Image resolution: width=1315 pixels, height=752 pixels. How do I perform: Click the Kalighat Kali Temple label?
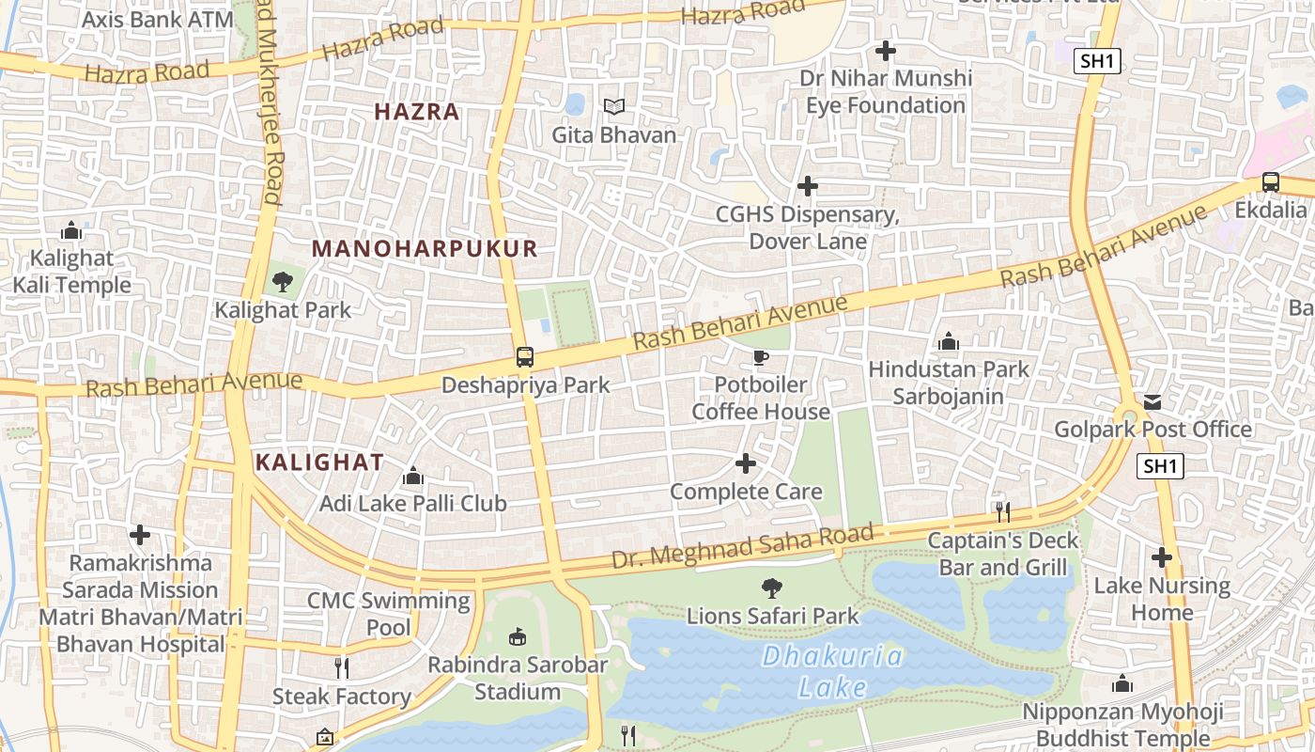coord(71,272)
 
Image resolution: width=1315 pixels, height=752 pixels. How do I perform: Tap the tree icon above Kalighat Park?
coord(282,281)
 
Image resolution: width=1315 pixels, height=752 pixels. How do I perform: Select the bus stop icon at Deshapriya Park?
coord(525,357)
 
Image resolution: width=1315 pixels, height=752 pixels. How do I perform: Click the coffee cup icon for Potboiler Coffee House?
coord(761,357)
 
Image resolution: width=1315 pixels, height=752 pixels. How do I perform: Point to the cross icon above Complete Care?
coord(746,463)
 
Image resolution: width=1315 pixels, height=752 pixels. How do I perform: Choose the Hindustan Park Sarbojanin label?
coord(949,383)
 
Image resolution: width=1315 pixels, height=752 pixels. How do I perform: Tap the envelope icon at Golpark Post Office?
coord(1153,402)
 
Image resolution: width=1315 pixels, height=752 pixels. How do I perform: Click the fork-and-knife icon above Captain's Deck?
coord(1003,511)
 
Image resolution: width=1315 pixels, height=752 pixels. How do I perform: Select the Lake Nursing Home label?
coord(1161,599)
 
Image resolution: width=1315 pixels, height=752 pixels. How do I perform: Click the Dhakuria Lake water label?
coord(831,671)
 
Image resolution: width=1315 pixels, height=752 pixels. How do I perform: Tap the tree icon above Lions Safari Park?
coord(772,588)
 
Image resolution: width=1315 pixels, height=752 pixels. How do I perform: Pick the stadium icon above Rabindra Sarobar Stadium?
coord(517,637)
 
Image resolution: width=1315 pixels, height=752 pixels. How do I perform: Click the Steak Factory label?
coord(342,697)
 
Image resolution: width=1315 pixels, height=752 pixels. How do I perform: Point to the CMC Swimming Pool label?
coord(388,613)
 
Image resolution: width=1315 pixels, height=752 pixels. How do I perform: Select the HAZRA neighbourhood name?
coord(417,112)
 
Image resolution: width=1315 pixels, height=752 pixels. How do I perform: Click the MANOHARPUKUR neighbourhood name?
coord(425,248)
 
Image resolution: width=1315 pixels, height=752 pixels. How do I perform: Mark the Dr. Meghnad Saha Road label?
coord(742,547)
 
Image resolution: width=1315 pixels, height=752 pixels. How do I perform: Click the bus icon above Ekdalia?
coord(1270,181)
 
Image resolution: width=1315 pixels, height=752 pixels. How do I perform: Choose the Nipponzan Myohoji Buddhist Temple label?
coord(1122,725)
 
